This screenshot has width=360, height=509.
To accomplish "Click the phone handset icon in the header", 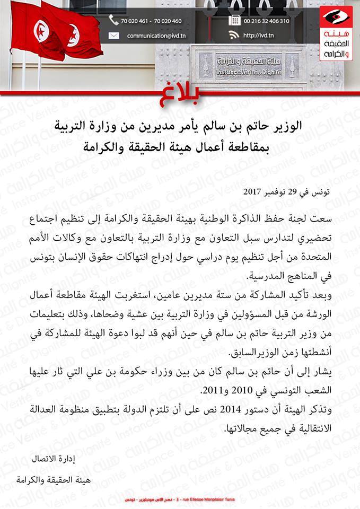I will [x=113, y=21].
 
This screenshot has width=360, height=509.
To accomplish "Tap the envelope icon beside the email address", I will [x=113, y=36].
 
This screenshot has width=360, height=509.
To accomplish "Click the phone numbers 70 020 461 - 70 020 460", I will [x=151, y=21].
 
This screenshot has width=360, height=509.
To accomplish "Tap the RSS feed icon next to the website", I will [x=234, y=36].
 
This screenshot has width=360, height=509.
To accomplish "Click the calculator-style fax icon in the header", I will [x=234, y=21].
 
